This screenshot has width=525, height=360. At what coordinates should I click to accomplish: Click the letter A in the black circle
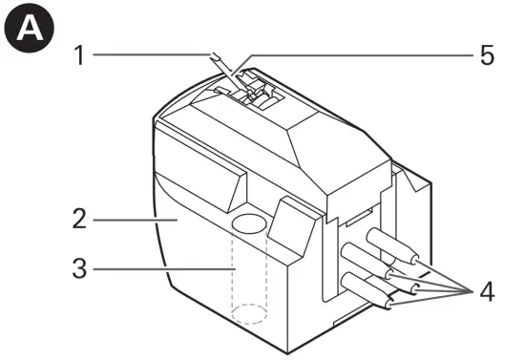pyautogui.click(x=27, y=28)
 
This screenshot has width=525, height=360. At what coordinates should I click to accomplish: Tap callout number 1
pyautogui.click(x=80, y=55)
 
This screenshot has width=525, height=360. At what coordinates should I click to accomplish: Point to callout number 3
pyautogui.click(x=80, y=269)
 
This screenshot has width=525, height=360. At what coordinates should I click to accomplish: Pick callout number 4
pyautogui.click(x=487, y=290)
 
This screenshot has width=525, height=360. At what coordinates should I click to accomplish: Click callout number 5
pyautogui.click(x=487, y=55)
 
